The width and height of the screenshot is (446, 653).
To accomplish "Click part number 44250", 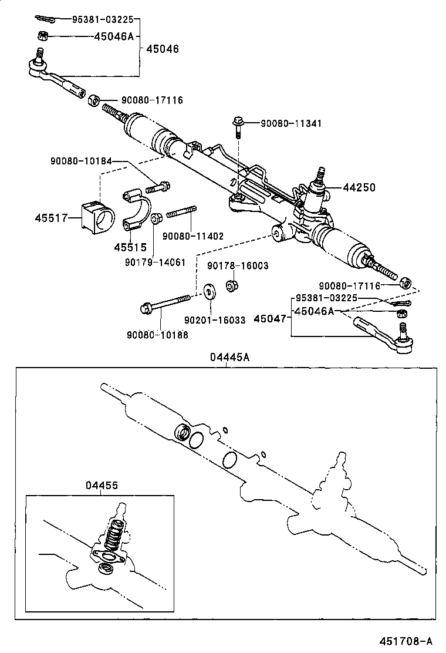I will click(359, 187).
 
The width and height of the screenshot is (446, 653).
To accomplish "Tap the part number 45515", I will click(130, 247).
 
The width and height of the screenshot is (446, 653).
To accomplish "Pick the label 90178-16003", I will click(237, 265).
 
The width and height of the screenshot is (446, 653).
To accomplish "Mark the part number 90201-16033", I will click(215, 320).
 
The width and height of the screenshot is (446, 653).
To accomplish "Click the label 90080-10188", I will click(157, 335).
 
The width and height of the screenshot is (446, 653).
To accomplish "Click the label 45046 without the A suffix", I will click(163, 49).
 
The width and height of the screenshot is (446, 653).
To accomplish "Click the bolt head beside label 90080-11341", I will click(238, 123).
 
